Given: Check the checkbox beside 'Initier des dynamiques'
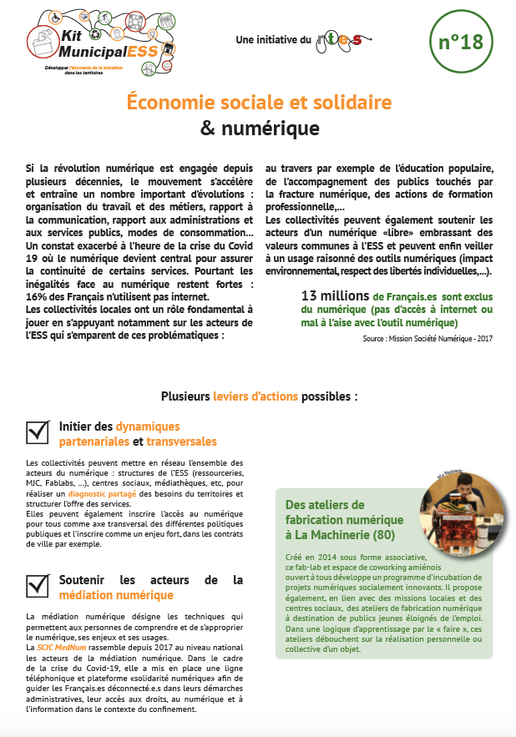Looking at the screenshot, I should pos(38,432).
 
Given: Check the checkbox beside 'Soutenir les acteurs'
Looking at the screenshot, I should pos(38,585).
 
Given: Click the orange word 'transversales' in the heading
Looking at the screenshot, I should pos(181,442).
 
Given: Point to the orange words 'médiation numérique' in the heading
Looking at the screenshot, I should pos(116,595).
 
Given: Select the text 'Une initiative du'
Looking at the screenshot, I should pos(273,39).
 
